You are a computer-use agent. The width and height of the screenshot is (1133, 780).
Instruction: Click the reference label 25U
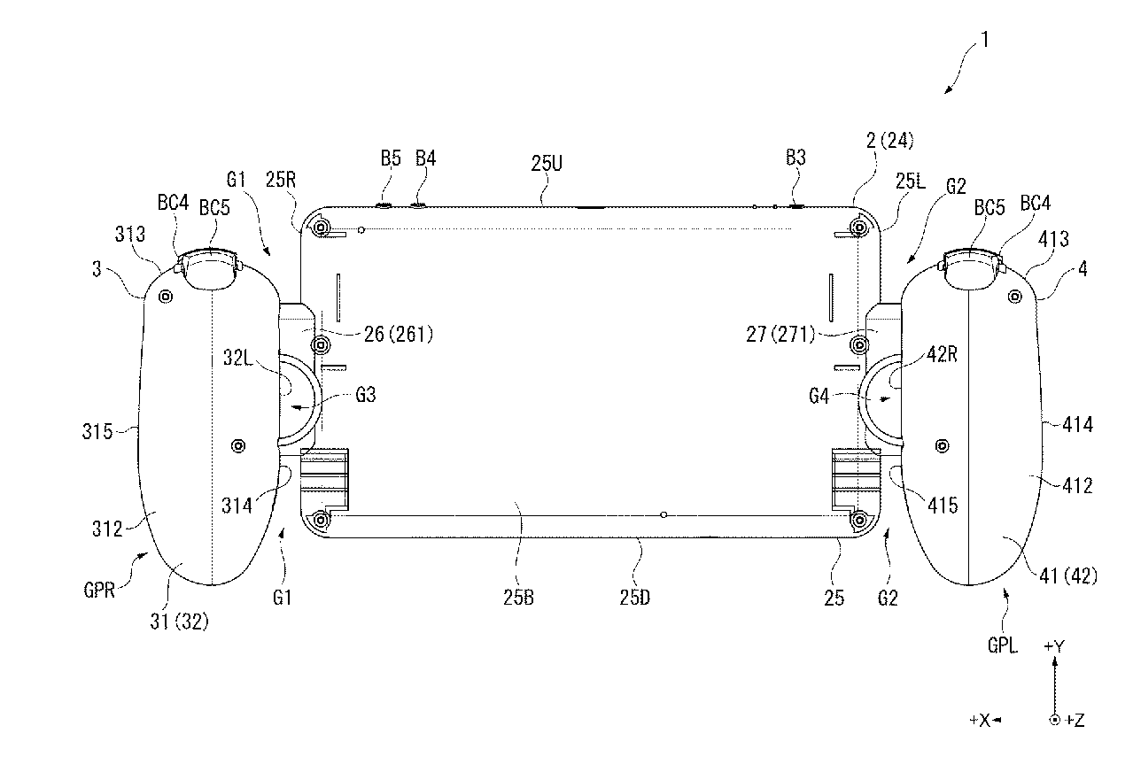click(x=547, y=163)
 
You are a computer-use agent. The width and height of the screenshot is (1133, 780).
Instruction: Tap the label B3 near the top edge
click(x=795, y=158)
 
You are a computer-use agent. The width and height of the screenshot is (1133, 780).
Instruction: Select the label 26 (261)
click(x=399, y=334)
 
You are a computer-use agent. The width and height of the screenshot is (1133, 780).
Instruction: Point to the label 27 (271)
click(x=780, y=334)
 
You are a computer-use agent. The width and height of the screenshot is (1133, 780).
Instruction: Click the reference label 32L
click(x=237, y=358)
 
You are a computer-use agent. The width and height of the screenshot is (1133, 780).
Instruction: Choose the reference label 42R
click(x=943, y=354)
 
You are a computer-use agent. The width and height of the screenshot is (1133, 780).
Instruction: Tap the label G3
click(x=366, y=394)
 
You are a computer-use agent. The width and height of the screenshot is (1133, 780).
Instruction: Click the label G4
click(x=819, y=396)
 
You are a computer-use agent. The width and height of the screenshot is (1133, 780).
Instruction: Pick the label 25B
click(x=518, y=598)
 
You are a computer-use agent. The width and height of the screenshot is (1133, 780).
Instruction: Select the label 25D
click(x=635, y=598)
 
